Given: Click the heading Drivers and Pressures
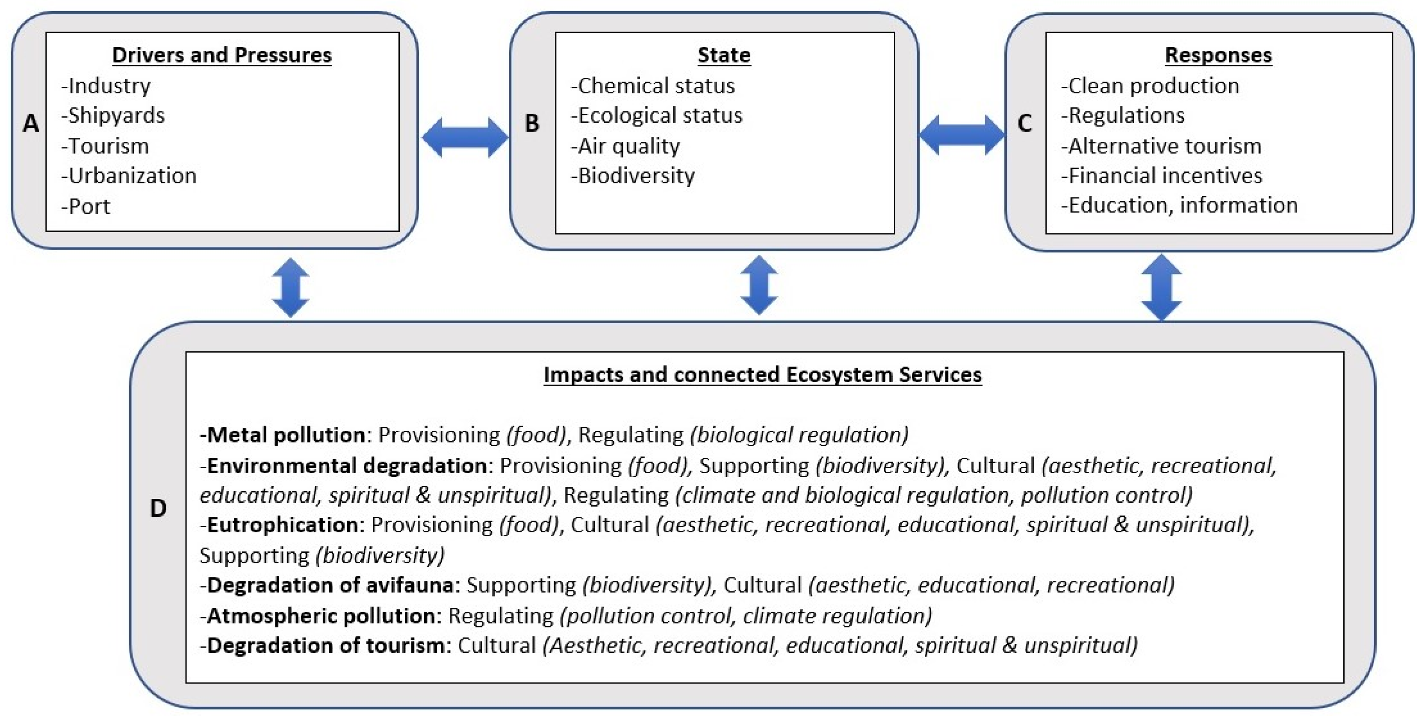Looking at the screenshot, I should (221, 55).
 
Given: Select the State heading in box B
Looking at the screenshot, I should (724, 55).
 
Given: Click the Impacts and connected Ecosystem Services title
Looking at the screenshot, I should (762, 375).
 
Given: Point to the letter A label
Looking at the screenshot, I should (31, 123).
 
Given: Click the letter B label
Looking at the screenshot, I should (531, 123).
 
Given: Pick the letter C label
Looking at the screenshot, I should (1024, 123).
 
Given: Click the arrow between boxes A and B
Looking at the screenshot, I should (464, 137).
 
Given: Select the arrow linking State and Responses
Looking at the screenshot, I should (962, 135).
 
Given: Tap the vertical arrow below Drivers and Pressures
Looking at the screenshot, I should (290, 287).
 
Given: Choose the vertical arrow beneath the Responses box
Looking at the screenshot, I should (1162, 287).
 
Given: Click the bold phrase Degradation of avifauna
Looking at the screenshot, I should (330, 585).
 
